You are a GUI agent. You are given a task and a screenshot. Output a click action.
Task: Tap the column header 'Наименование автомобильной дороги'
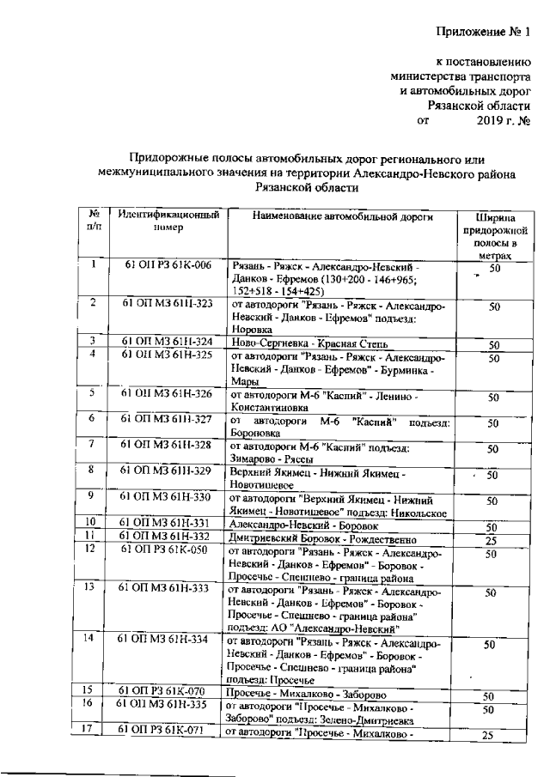[343, 215]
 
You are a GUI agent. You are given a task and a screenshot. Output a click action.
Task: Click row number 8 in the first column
[90, 470]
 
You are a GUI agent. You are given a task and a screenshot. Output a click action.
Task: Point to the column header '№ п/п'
[94, 221]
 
